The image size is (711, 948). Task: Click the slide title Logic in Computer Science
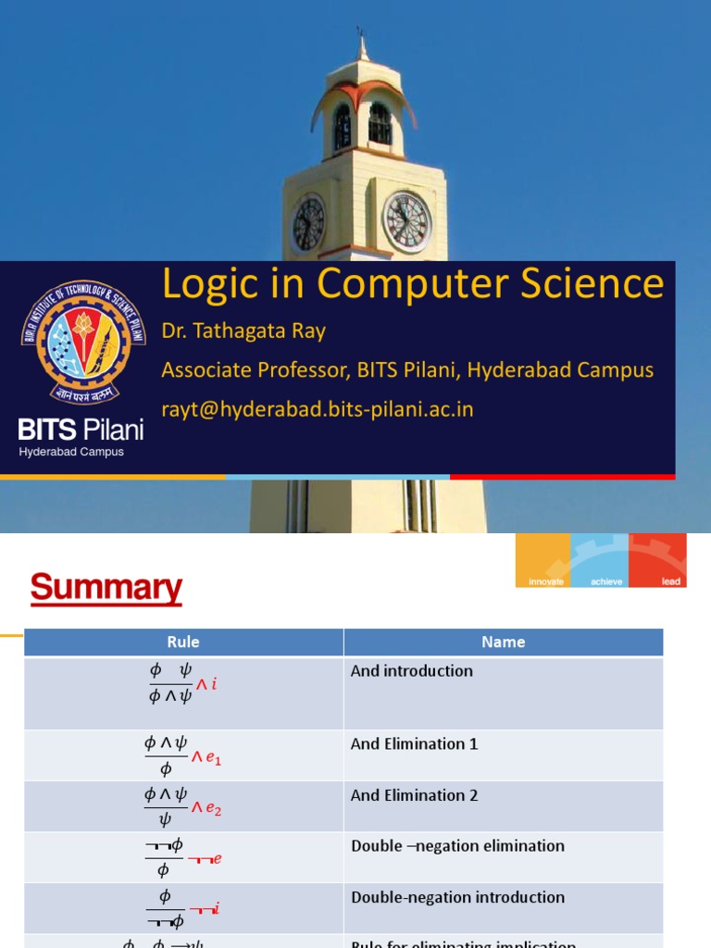[413, 284]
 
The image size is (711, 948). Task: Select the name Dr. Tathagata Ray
[243, 331]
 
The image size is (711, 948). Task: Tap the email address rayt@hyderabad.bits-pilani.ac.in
[318, 408]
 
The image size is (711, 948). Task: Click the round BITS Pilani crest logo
[83, 343]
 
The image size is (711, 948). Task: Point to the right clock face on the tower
[406, 222]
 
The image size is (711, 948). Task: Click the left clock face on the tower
[308, 224]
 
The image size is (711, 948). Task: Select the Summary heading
[106, 588]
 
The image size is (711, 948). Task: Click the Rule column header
[183, 642]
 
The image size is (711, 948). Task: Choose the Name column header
[503, 642]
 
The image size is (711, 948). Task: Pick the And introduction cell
[411, 671]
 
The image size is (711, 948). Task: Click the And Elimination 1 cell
[414, 743]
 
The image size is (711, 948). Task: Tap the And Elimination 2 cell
[414, 795]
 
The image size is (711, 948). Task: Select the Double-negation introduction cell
[457, 897]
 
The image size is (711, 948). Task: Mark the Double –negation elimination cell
[457, 846]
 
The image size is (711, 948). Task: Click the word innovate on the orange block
[545, 581]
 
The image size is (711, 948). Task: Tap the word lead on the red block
[670, 581]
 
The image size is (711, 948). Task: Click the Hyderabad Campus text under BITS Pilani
[71, 452]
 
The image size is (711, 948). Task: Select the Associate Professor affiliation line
[407, 370]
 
